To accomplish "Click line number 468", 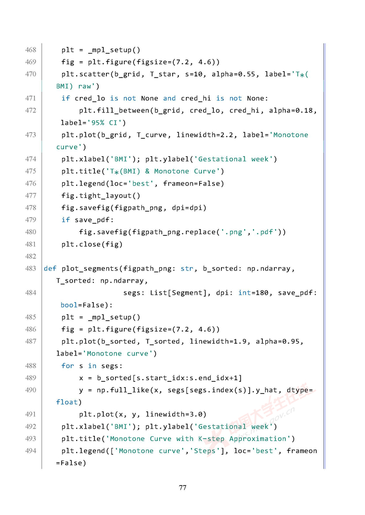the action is [31, 50].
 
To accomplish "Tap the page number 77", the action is [182, 488].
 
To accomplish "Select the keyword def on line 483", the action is [50, 269].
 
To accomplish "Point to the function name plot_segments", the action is [90, 269].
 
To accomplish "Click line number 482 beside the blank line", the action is [31, 257].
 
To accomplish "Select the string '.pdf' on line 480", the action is [265, 232].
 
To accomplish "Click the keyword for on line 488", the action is [68, 366].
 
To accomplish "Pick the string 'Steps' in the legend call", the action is [204, 451].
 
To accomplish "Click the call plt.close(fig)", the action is [92, 244].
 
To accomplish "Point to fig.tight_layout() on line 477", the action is [101, 196].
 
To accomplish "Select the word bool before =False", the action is [69, 305].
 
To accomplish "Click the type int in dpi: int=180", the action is [245, 293].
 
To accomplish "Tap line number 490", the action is [31, 390].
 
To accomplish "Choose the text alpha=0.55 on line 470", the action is [233, 74].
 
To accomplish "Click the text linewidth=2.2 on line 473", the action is [205, 135].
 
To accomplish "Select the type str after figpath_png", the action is [187, 269].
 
